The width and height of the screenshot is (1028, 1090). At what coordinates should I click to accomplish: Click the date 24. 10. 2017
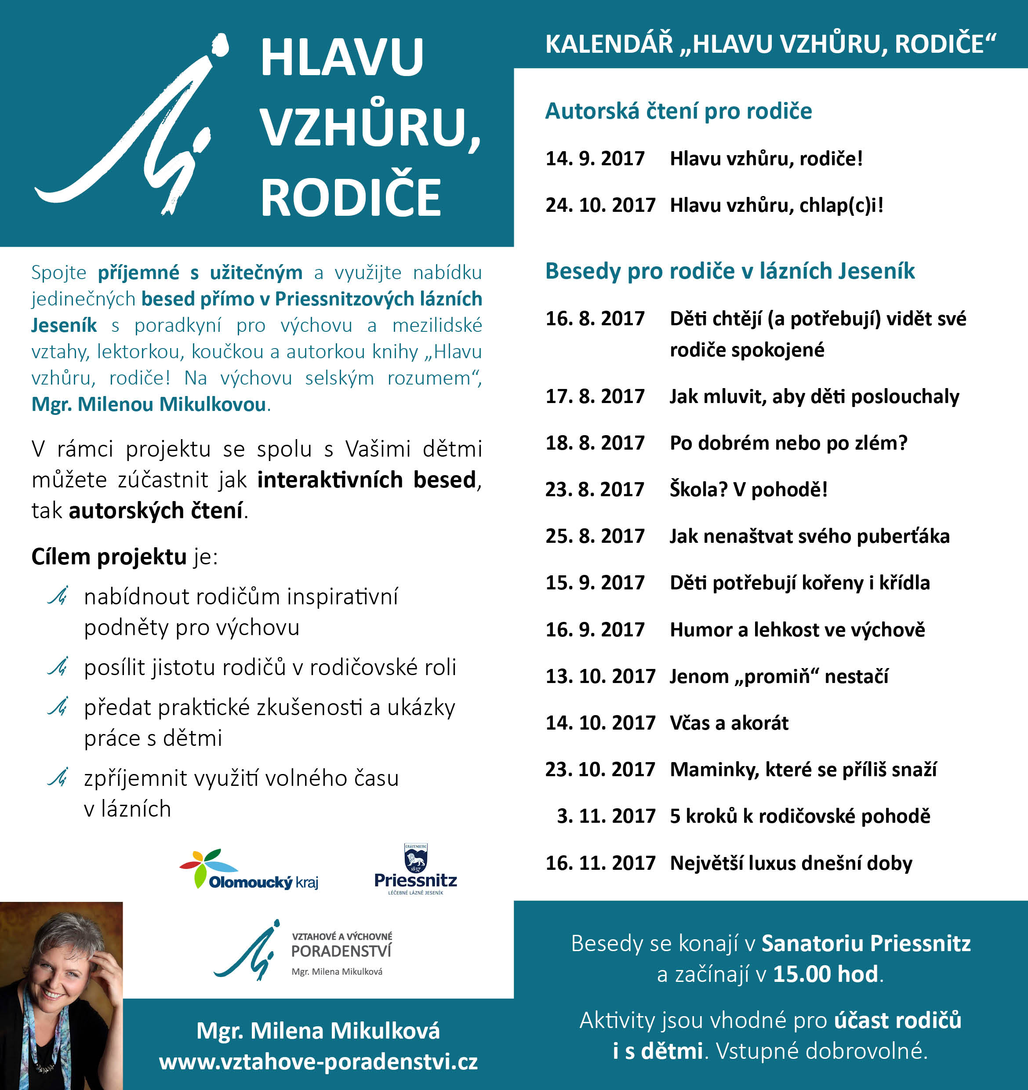click(x=600, y=205)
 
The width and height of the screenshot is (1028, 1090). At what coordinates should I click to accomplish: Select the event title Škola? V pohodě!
click(x=748, y=489)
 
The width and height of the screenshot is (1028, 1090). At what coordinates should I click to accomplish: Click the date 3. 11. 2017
click(x=606, y=816)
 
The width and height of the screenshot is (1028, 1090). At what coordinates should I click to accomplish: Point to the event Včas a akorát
click(x=729, y=723)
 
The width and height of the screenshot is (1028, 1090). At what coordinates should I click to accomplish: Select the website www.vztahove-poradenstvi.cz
click(x=318, y=1062)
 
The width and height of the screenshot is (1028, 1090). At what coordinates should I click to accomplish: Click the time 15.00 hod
click(x=825, y=974)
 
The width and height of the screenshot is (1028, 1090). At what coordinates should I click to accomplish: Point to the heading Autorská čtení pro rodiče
click(x=678, y=111)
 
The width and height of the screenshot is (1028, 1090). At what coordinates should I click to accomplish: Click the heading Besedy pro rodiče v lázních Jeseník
click(x=730, y=271)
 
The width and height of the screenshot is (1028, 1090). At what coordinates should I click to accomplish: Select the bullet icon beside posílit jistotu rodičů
click(x=58, y=667)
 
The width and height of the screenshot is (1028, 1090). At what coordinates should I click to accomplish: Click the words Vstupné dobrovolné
click(x=821, y=1051)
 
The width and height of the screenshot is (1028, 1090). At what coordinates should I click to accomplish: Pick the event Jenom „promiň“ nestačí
click(x=778, y=676)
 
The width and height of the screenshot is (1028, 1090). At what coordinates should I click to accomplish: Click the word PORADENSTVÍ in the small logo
click(x=341, y=951)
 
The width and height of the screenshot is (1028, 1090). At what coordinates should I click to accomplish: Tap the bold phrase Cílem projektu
click(x=109, y=556)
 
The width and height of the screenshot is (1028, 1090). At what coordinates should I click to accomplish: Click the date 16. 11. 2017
click(x=600, y=863)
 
